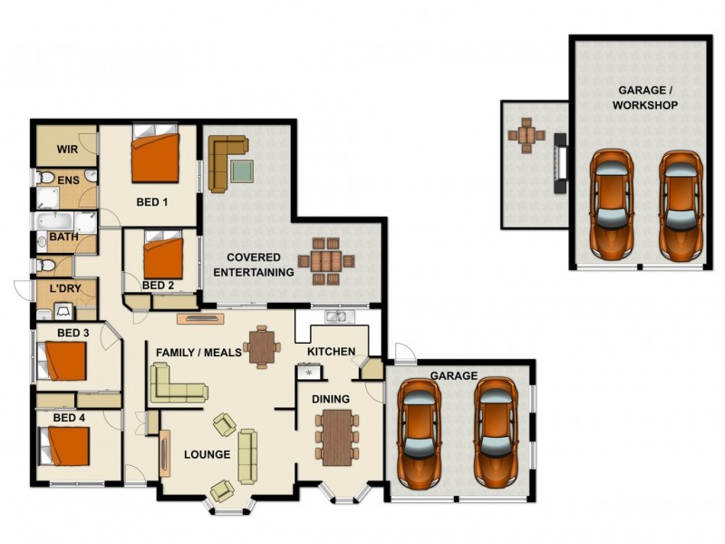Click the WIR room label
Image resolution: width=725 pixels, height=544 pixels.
[x=67, y=149]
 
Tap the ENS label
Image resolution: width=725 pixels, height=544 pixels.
[x=68, y=180]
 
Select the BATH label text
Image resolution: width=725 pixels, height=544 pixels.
[x=63, y=238]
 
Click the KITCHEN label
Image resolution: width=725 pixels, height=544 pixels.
[x=331, y=351]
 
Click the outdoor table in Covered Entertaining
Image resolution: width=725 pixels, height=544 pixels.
[x=327, y=261]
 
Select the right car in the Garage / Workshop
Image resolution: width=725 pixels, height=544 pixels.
[x=679, y=204]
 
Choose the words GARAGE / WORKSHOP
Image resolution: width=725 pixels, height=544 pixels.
[x=647, y=98]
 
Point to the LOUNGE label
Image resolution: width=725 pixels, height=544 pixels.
[x=208, y=454]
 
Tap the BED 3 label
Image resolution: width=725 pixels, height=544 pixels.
[x=73, y=333]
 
